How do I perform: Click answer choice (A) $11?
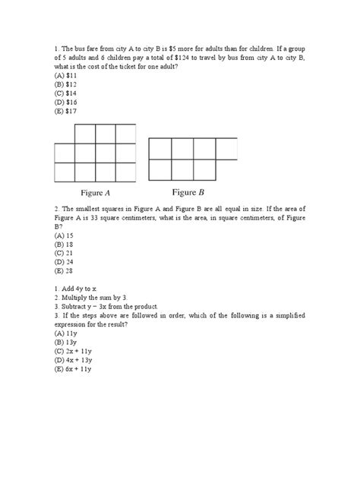click(66, 75)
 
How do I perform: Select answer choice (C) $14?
click(66, 93)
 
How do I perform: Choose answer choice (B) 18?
click(65, 245)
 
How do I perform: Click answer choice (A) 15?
click(65, 235)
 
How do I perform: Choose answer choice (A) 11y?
click(66, 334)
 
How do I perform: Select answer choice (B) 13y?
click(66, 343)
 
